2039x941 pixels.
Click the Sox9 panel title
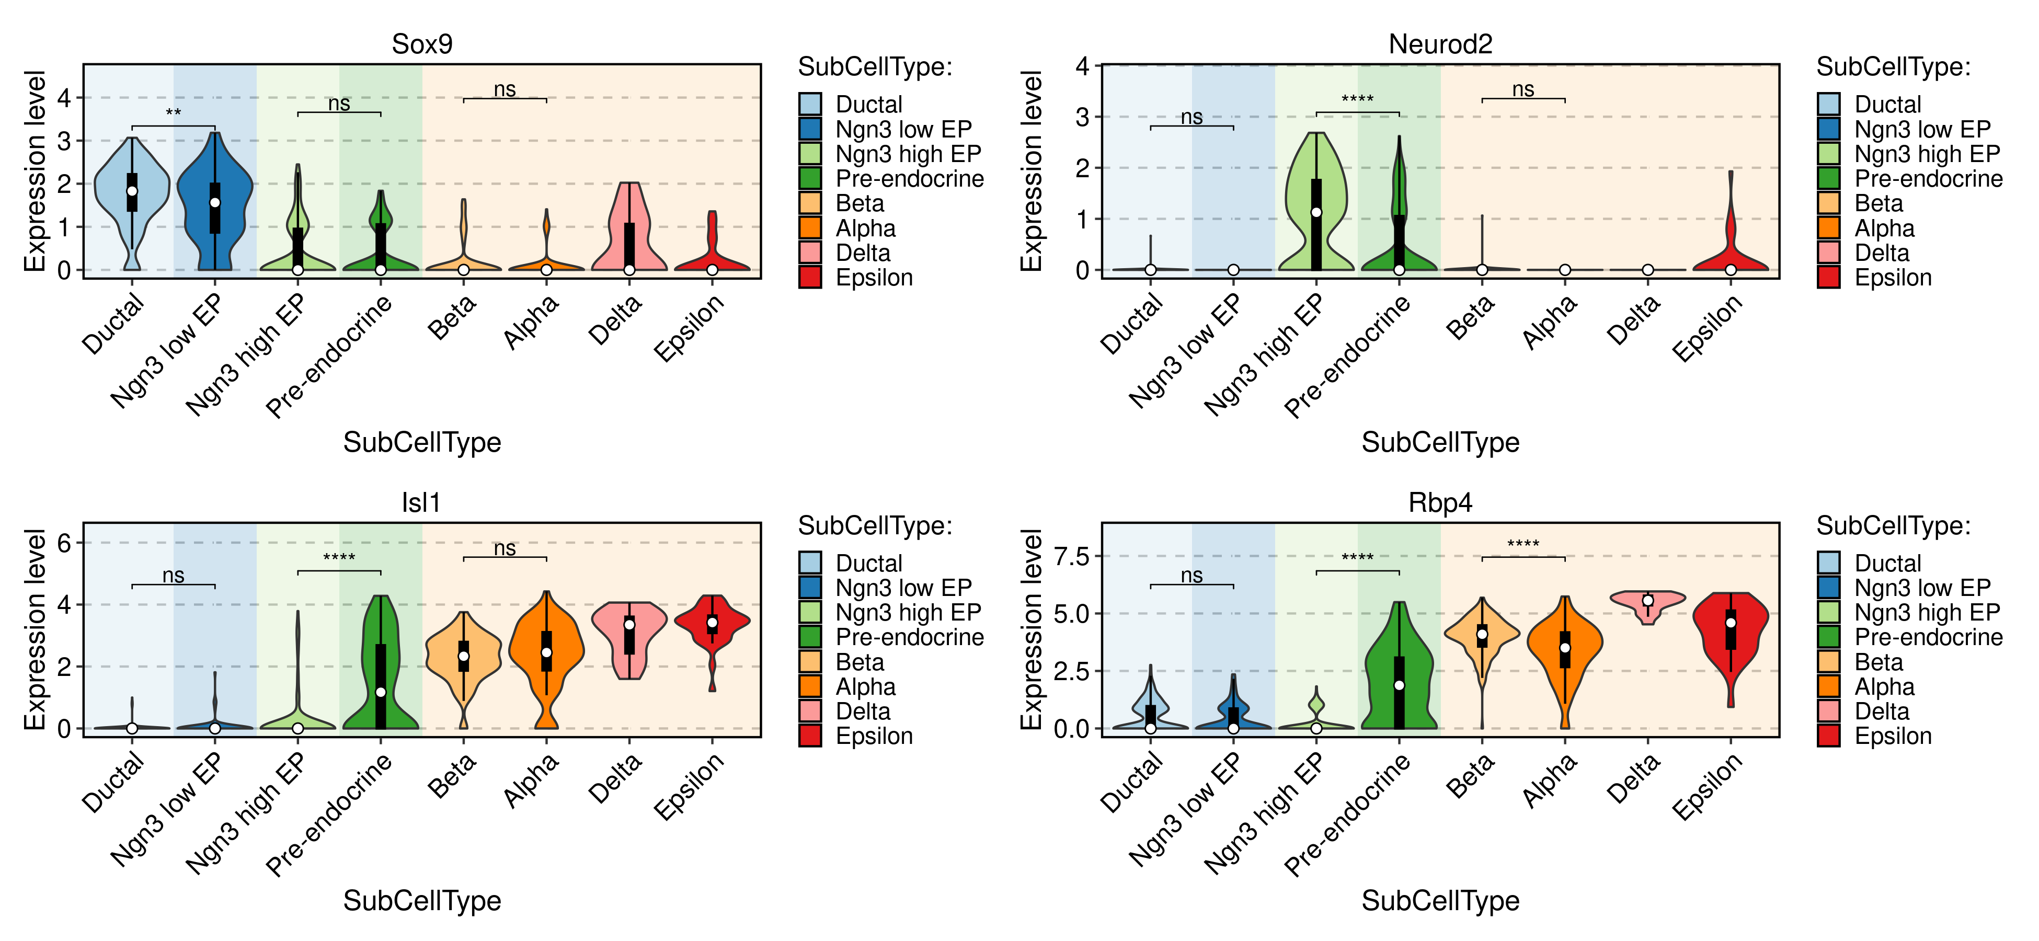[x=422, y=44]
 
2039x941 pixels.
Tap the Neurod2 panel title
[x=1440, y=44]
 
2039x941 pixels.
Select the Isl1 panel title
[x=420, y=502]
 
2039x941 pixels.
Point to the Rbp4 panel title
[x=1440, y=502]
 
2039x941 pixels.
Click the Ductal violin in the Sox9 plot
[x=132, y=190]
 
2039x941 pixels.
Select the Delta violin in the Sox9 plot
[x=629, y=229]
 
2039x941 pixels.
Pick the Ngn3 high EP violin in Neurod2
[x=1316, y=206]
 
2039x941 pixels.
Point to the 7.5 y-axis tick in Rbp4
[x=1072, y=556]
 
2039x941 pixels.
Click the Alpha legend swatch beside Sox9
[x=810, y=228]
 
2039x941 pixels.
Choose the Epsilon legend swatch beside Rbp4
[x=1828, y=736]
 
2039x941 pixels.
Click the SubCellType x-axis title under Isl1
[x=422, y=901]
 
